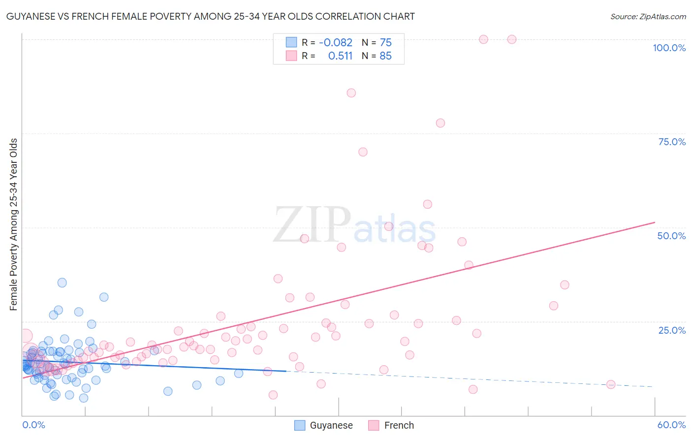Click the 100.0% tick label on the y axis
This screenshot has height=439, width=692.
tap(669, 48)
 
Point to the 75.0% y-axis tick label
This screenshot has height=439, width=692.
tap(671, 142)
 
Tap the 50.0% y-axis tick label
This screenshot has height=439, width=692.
tap(671, 236)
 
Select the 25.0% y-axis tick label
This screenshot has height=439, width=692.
tap(671, 330)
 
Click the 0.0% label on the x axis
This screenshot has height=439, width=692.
tap(33, 425)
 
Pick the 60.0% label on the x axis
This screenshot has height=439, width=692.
tap(671, 425)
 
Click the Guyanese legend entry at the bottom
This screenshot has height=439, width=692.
tap(331, 425)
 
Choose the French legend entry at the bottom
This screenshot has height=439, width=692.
tap(399, 425)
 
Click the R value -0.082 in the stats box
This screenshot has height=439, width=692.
tap(336, 43)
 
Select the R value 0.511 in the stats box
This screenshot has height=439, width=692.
tap(340, 56)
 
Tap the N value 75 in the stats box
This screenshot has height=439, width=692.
tap(385, 43)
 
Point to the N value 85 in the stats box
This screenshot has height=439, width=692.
tap(385, 56)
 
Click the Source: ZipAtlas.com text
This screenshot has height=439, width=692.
tap(648, 16)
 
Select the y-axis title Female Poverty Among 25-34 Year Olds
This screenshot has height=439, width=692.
tap(14, 224)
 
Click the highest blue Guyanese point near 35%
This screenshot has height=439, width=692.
tap(62, 282)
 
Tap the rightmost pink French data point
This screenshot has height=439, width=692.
tap(611, 384)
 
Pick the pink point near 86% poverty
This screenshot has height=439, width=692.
tap(351, 93)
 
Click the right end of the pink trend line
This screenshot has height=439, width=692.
tap(655, 222)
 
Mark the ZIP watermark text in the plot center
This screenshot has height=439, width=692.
tap(312, 225)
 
